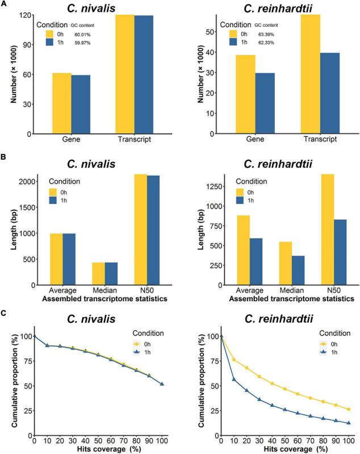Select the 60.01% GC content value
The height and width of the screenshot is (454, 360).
tap(84, 34)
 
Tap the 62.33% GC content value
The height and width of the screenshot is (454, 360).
tap(263, 43)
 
